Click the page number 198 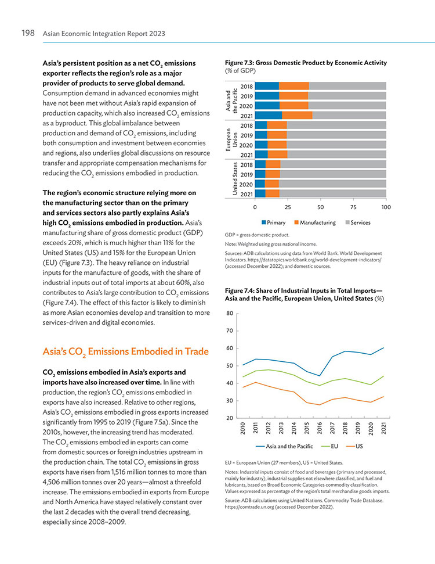tap(28, 33)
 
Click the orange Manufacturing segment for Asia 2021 tap(297, 116)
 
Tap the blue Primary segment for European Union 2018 tap(261, 125)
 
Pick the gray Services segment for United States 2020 tap(332, 184)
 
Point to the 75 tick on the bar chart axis tap(353, 207)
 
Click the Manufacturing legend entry tap(315, 222)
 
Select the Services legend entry tap(358, 222)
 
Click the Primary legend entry tap(274, 222)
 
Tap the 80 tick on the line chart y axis tap(230, 313)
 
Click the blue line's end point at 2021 tap(383, 348)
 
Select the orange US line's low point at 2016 tap(320, 405)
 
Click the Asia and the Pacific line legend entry tap(285, 447)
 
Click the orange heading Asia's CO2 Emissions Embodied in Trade tap(126, 352)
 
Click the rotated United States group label tap(235, 179)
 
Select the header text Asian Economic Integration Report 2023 tap(104, 34)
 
